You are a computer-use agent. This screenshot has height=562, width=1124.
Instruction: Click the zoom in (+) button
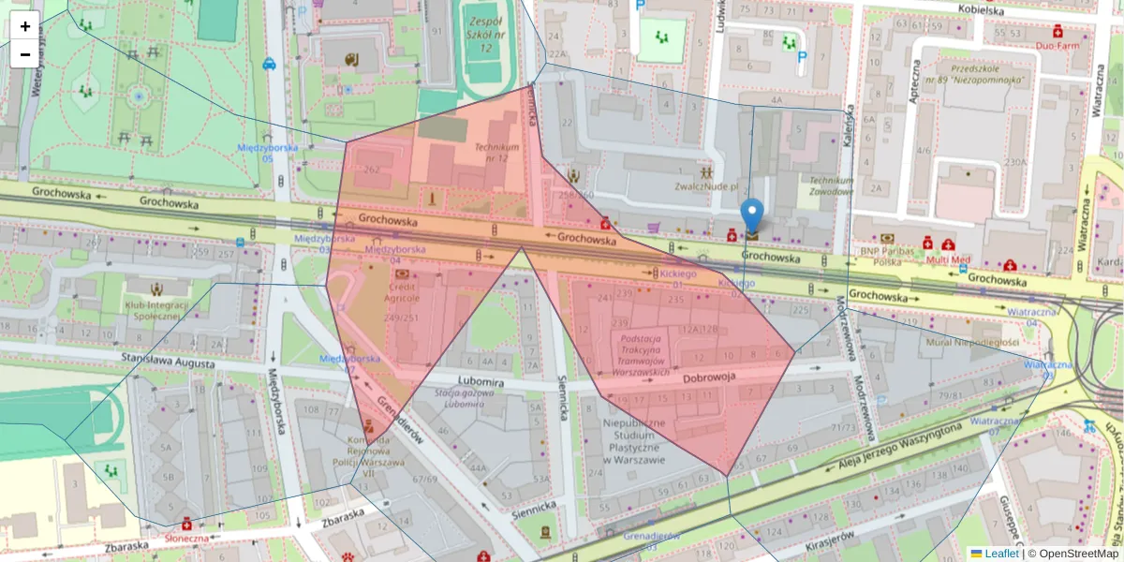click(25, 26)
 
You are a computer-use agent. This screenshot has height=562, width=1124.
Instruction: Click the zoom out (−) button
click(25, 54)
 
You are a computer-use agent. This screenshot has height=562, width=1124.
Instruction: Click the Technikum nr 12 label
click(496, 153)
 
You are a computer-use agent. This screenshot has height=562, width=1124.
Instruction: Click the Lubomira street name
click(481, 382)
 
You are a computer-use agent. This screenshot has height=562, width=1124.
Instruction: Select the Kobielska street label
click(981, 10)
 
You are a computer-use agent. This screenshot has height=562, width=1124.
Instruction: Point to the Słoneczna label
click(186, 538)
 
